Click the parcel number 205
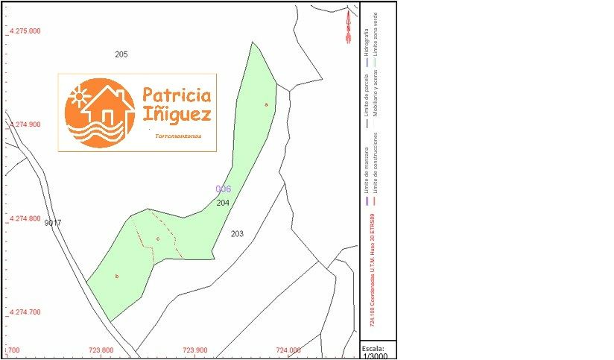click(x=121, y=54)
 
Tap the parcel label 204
click(x=223, y=203)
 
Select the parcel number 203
click(x=237, y=234)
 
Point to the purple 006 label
click(x=223, y=189)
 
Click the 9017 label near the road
click(x=53, y=223)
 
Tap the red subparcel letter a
click(x=266, y=105)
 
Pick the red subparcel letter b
click(x=116, y=277)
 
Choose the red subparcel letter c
click(x=158, y=239)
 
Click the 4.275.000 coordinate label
click(x=25, y=31)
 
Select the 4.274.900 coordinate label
click(x=25, y=125)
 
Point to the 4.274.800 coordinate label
click(x=25, y=219)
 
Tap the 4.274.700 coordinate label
click(x=25, y=312)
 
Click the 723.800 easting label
click(x=101, y=350)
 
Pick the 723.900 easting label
click(x=194, y=350)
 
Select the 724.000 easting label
click(x=288, y=350)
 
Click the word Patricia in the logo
click(x=177, y=95)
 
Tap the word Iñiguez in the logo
click(x=177, y=115)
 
